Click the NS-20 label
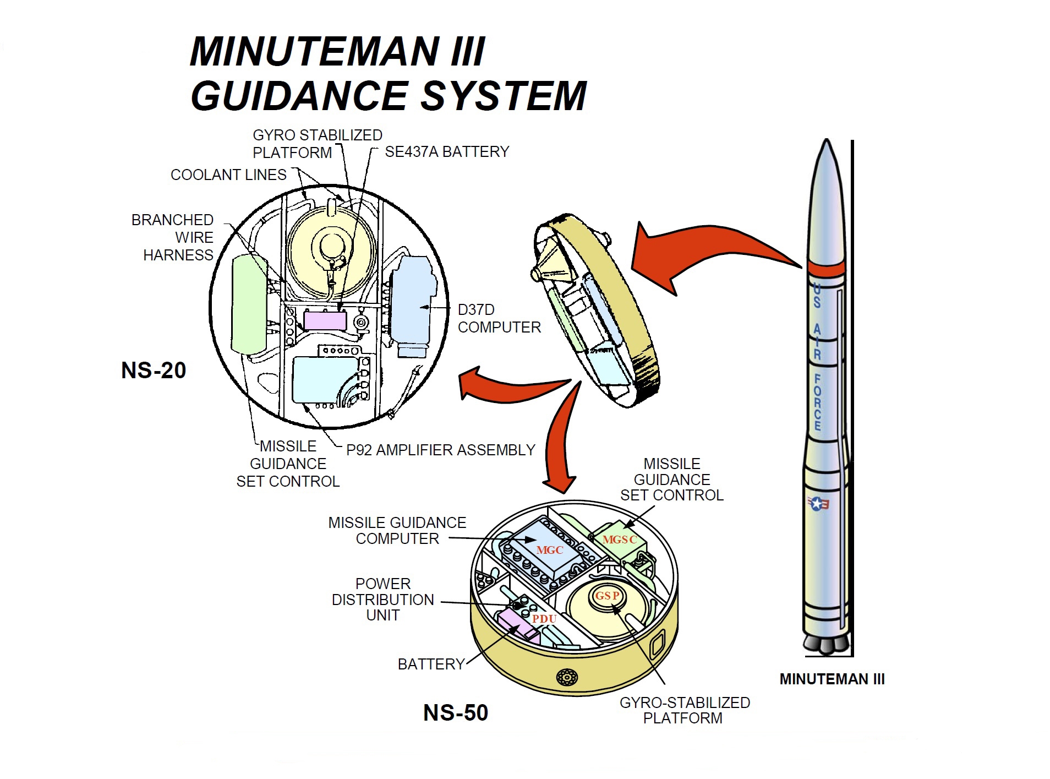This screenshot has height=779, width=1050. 154,371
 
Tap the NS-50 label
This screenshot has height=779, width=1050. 455,713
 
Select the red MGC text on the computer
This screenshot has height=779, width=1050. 549,550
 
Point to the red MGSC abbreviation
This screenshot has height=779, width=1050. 619,540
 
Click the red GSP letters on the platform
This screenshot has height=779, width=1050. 608,596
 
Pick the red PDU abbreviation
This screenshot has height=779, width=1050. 544,619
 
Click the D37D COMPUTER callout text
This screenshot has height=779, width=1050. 499,319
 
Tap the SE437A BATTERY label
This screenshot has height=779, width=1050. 447,152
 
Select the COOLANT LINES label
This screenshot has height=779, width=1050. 228,175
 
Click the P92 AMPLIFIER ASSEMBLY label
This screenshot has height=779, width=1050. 440,450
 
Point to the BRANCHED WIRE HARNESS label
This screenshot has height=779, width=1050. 177,237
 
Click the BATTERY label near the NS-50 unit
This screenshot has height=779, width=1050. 431,664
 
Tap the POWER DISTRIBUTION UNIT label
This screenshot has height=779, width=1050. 383,600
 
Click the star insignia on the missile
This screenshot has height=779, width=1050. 818,503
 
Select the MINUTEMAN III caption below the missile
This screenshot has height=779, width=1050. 832,679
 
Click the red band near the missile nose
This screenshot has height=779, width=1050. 825,269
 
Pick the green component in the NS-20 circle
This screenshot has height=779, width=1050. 249,304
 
